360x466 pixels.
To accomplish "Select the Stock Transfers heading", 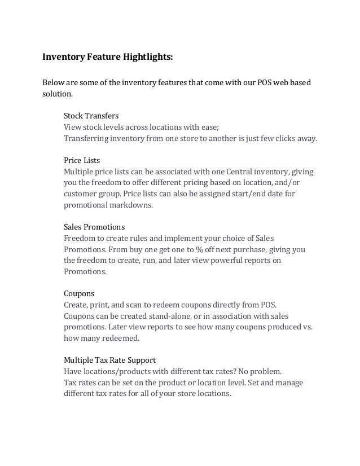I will pos(91,116).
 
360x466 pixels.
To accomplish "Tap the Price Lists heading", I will pos(82,160).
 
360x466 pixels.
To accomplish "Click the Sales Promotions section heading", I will pos(94,227).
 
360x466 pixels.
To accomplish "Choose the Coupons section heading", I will pos(78,293).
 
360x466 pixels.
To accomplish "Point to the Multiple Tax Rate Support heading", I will pos(109,360).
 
